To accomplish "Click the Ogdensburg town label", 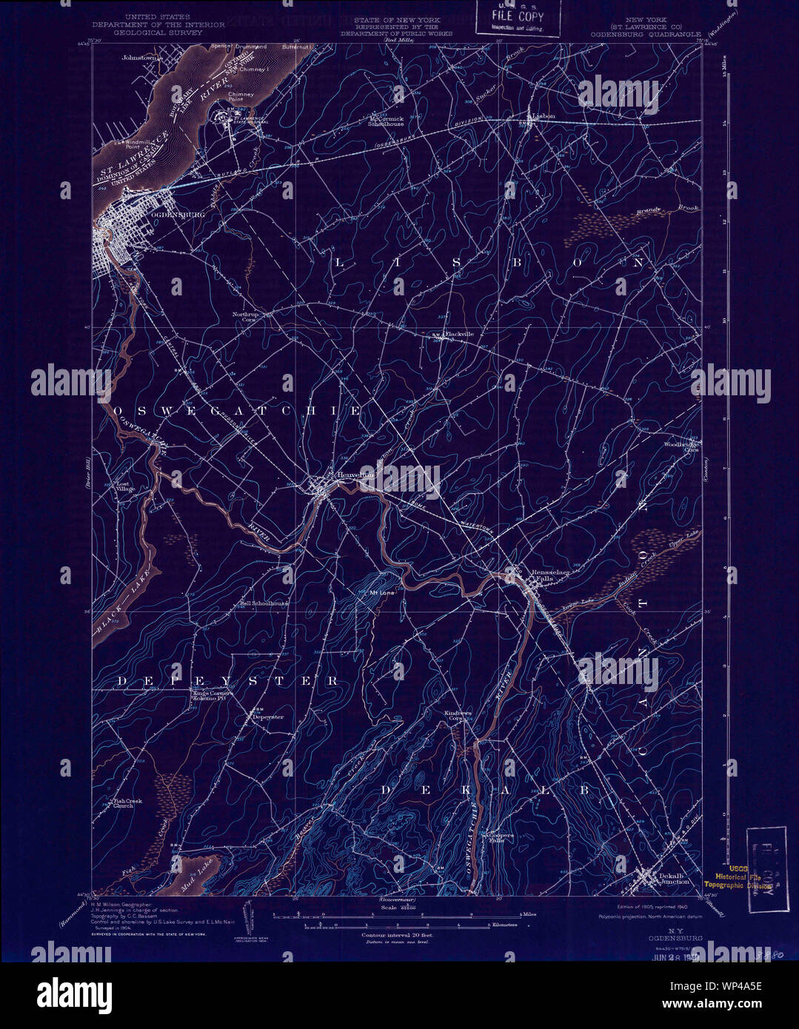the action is (177, 215).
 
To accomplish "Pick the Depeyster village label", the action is (268, 717).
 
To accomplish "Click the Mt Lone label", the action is (382, 593).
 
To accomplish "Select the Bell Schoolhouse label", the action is (264, 603).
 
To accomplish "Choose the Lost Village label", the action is (125, 488).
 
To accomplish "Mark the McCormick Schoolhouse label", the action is (387, 121).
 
